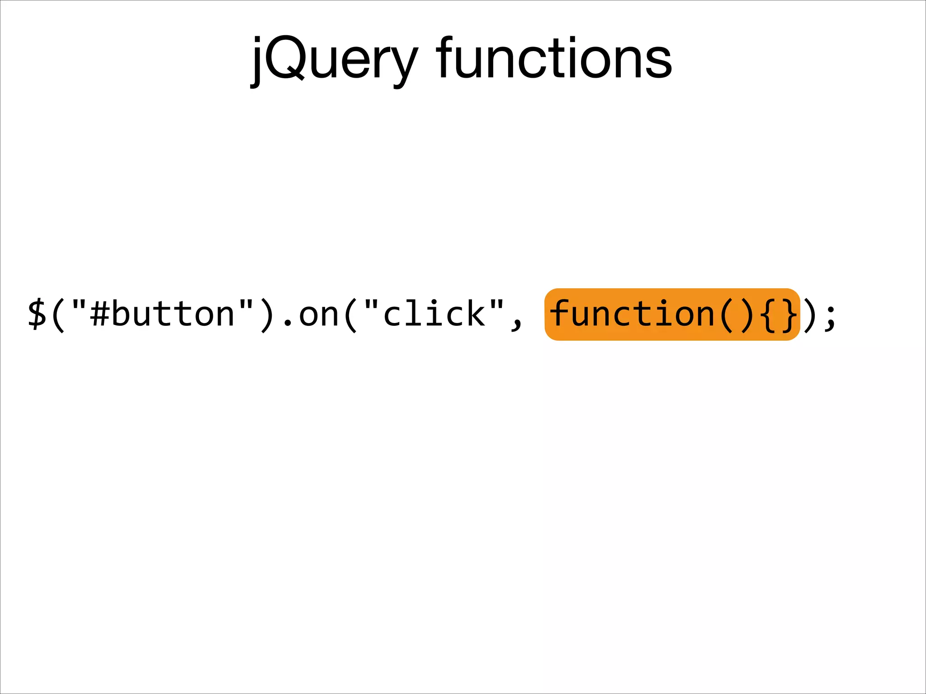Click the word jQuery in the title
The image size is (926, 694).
coord(335,59)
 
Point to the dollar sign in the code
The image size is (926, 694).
coord(37,314)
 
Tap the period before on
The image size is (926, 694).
coord(288,323)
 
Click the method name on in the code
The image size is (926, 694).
coord(319,315)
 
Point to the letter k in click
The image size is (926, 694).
coord(475,313)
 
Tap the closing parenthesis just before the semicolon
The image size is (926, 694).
coord(809,314)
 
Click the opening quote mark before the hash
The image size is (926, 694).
coord(79,304)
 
